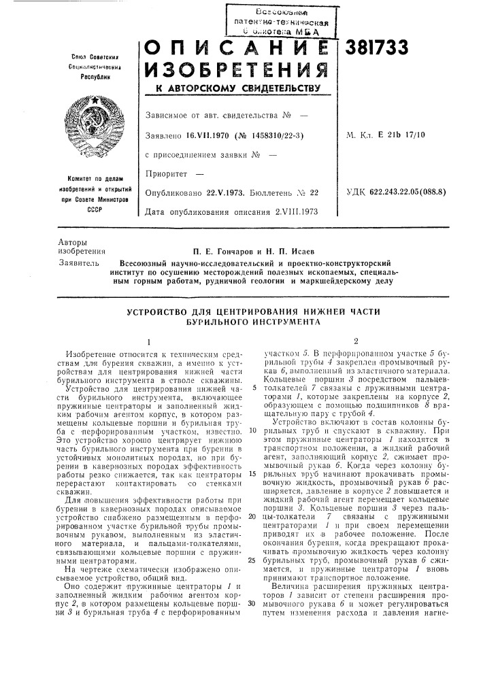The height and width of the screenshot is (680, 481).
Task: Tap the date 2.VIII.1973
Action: point(293,213)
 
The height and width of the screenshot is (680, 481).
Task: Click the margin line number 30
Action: point(252,602)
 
